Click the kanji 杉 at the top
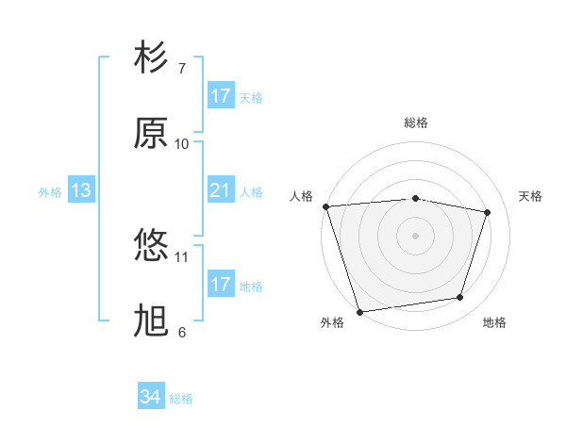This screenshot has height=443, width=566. coord(152,58)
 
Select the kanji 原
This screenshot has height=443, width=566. coord(152,134)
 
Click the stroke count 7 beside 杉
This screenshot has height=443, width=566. coord(182,69)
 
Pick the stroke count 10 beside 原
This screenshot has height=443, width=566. coord(182,143)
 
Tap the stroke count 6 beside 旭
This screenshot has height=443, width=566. coord(182,332)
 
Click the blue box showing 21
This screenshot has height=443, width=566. coord(221,191)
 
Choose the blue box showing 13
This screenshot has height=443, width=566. coord(81,191)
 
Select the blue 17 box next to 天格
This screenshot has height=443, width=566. coord(221,96)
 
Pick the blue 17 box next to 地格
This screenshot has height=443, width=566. coord(221,285)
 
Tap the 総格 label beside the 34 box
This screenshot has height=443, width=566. coord(181,399)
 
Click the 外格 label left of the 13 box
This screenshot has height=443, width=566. coord(50,192)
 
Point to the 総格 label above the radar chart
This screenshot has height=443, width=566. coord(416,123)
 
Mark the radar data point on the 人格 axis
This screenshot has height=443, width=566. coord(325,206)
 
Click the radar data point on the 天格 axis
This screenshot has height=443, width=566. coord(488,212)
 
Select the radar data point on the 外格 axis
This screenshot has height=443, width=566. coord(359,311)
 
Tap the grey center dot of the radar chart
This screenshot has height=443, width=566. coord(416,235)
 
